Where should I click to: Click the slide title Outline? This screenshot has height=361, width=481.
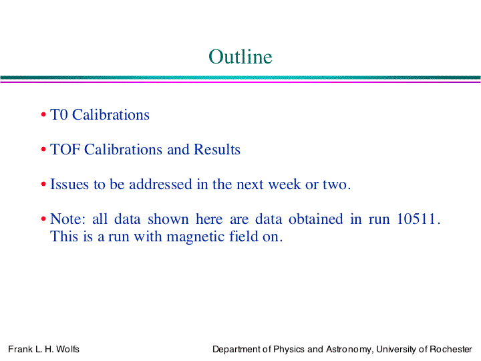pos(240,56)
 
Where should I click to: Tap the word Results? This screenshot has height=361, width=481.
pos(217,150)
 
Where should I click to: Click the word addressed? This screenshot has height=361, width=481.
pos(160,185)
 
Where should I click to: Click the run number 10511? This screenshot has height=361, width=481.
pos(416,219)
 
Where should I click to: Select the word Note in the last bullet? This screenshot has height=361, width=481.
pos(65,219)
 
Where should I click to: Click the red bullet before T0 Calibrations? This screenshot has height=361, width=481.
pos(43,115)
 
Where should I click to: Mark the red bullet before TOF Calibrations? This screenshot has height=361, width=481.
pos(43,150)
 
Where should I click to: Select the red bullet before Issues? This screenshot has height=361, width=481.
pos(43,185)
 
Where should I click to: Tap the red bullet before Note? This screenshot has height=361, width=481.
pos(43,219)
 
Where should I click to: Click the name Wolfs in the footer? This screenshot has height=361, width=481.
pos(67,350)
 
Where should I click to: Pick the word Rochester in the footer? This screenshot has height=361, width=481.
pos(451,350)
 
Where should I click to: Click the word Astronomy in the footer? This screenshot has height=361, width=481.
pos(349,350)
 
